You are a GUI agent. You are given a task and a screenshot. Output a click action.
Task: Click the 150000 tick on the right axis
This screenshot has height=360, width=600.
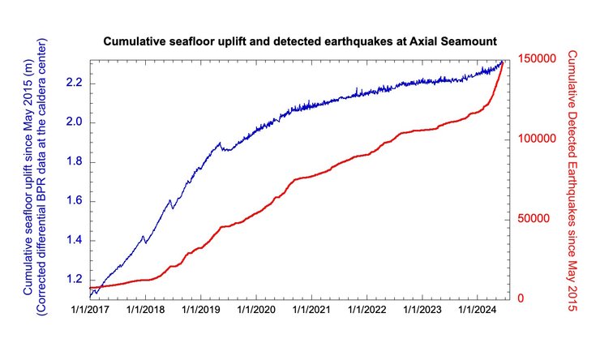[x=532, y=61]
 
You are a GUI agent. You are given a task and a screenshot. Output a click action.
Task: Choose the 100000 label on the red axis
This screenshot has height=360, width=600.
[x=532, y=140]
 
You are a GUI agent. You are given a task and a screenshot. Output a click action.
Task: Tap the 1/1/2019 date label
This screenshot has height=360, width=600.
[x=200, y=309]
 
